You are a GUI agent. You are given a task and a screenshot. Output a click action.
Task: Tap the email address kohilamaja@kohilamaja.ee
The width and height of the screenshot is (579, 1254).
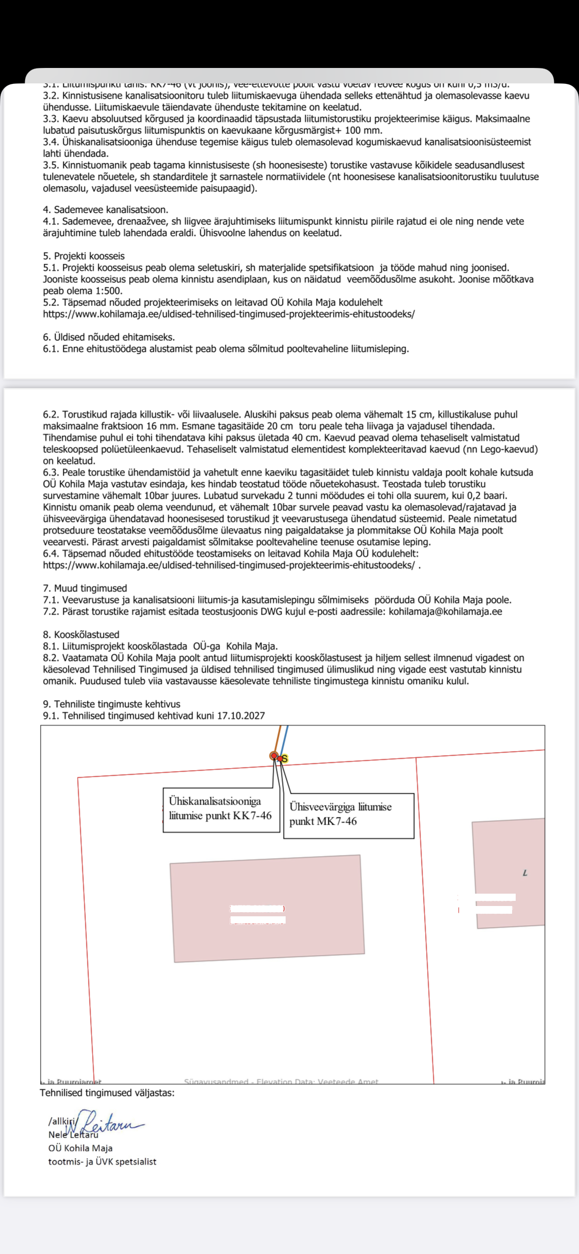[x=445, y=612]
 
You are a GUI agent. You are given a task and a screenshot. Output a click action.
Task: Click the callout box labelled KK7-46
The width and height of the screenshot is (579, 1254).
[x=221, y=809]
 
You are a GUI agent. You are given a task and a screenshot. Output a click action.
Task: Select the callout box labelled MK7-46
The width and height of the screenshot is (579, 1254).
[x=348, y=815]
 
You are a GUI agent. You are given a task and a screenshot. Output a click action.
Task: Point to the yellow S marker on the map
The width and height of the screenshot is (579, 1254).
[x=285, y=758]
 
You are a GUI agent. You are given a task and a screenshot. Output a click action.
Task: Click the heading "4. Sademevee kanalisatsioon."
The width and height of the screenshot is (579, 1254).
[x=106, y=210]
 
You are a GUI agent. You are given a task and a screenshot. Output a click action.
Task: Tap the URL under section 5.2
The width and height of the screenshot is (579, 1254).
[x=229, y=314]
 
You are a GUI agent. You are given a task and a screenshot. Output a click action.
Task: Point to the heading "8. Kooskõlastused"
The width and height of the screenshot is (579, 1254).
[x=81, y=635]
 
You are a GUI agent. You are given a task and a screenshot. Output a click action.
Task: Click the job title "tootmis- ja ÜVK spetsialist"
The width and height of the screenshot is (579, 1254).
[x=102, y=1162]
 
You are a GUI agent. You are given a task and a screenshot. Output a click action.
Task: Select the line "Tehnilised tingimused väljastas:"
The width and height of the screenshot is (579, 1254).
[x=107, y=1093]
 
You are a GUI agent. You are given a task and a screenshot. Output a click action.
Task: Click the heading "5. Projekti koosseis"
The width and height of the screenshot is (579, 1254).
[x=84, y=256]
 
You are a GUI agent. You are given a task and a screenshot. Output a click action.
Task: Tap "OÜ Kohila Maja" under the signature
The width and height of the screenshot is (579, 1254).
[x=80, y=1148]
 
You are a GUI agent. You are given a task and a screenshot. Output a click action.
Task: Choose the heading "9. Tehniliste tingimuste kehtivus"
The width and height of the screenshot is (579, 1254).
[x=112, y=704]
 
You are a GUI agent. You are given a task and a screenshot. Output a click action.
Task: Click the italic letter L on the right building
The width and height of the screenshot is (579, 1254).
[x=525, y=873]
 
